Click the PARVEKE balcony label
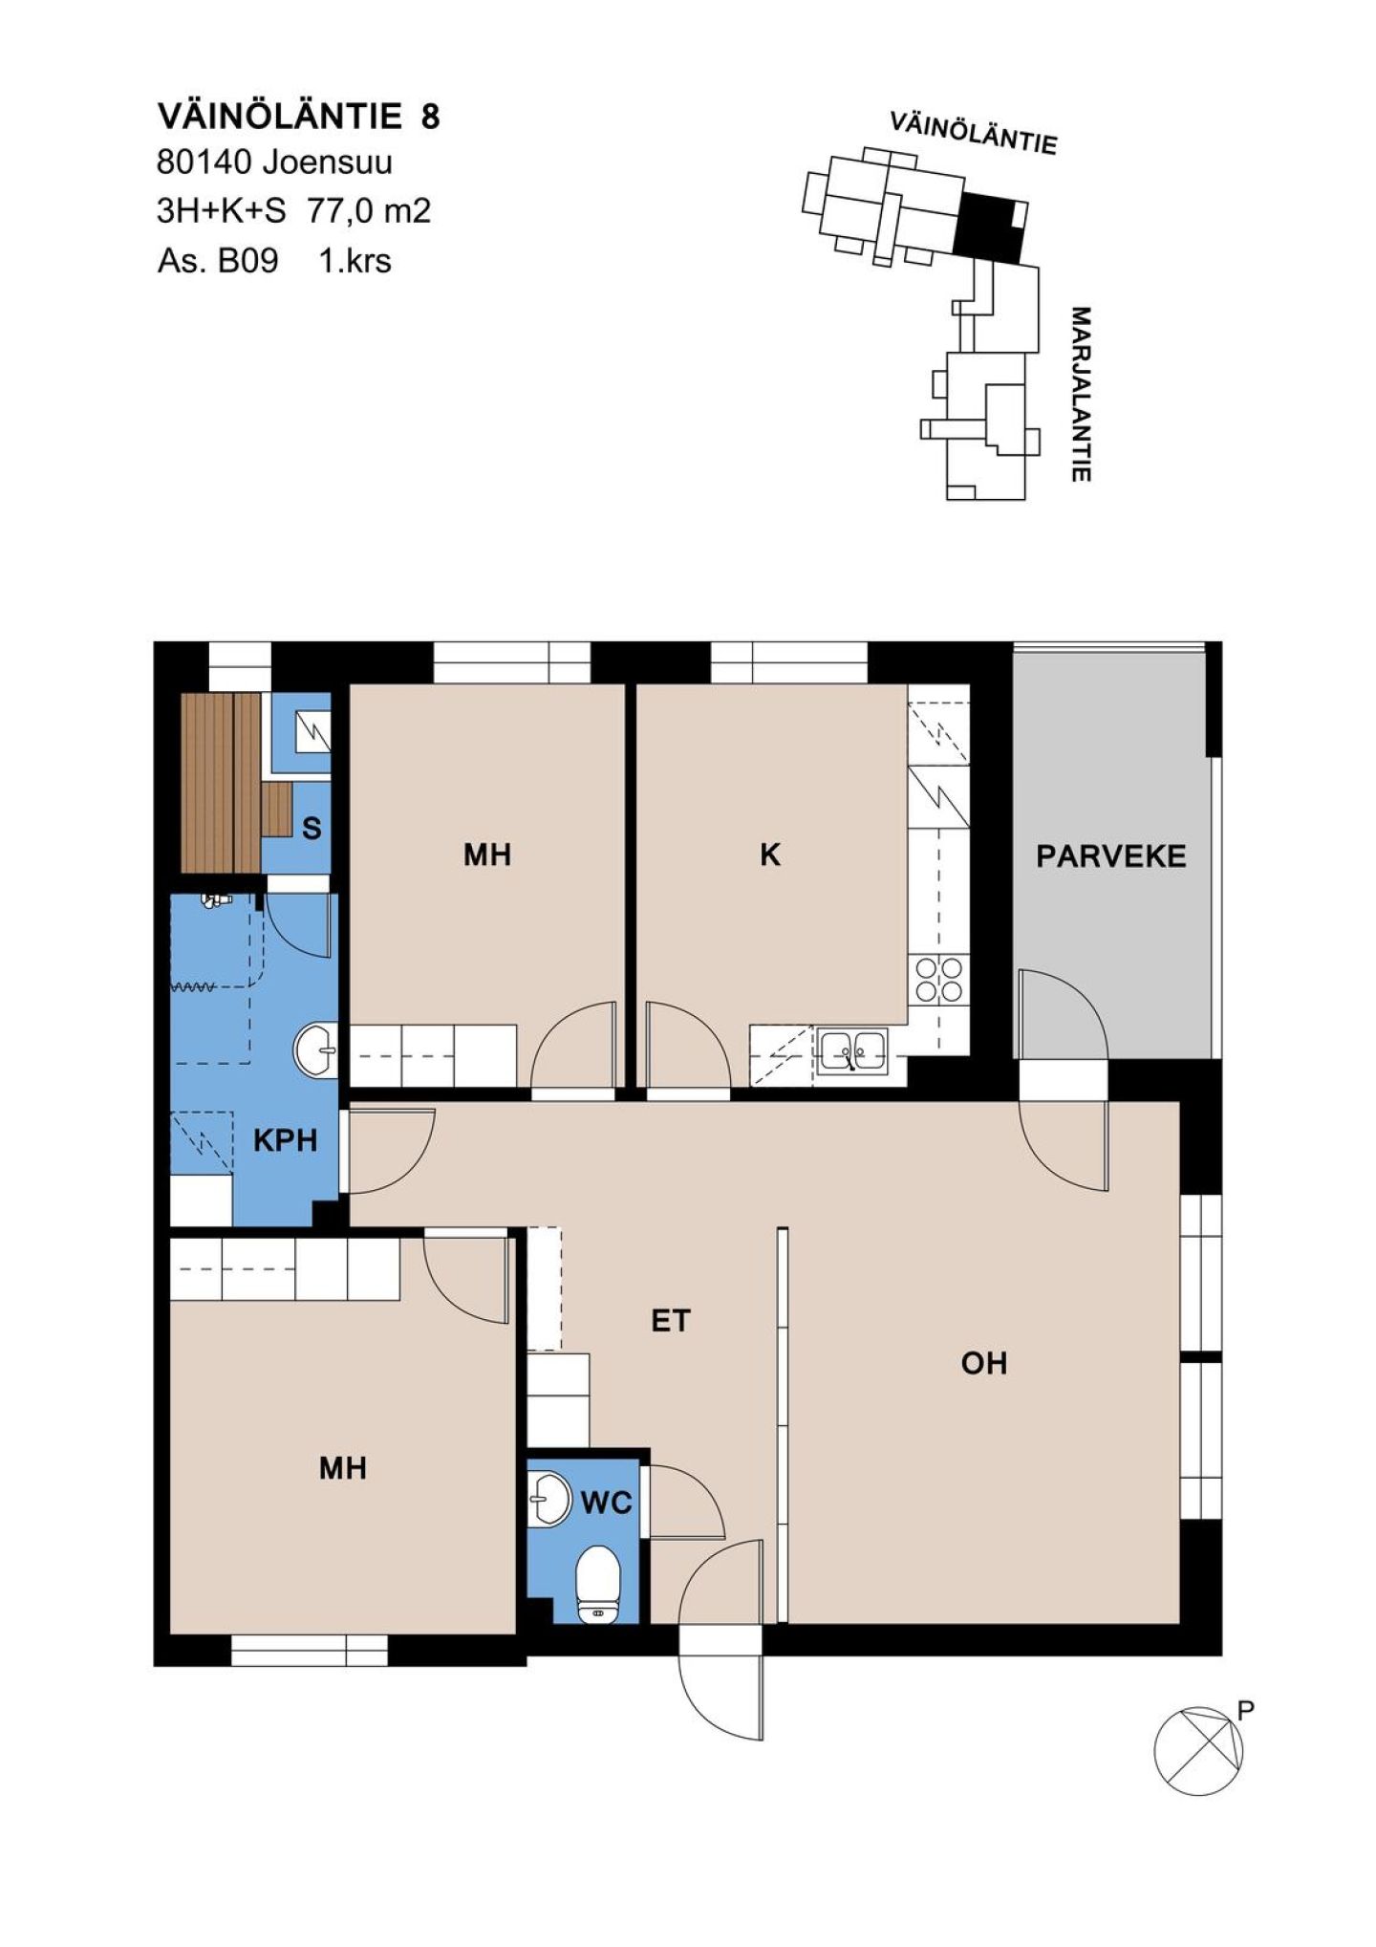tap(1110, 855)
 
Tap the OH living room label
tap(984, 1363)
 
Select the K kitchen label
tap(770, 855)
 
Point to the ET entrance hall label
tap(670, 1321)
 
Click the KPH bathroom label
tap(285, 1140)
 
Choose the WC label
tap(607, 1504)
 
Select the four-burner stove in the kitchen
tap(938, 979)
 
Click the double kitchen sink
tap(853, 1051)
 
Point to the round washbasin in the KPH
tap(315, 1050)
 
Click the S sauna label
tap(312, 829)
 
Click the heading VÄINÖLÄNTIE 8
tap(299, 117)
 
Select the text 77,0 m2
tap(369, 210)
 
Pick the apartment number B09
tap(247, 260)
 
